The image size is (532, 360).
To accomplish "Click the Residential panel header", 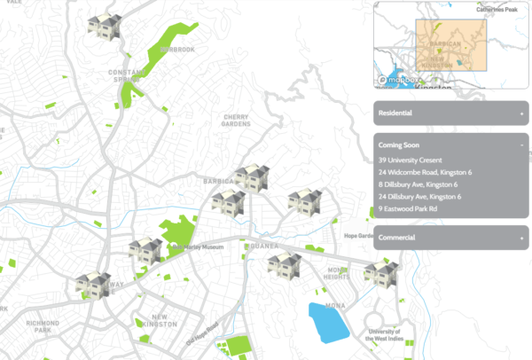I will pyautogui.click(x=450, y=113).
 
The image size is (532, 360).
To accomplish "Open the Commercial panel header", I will pyautogui.click(x=450, y=239).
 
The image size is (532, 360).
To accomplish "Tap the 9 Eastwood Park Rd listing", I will pyautogui.click(x=407, y=208).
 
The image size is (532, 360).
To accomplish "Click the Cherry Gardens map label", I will pyautogui.click(x=236, y=120).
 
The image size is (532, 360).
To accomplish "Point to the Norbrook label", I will pyautogui.click(x=177, y=50).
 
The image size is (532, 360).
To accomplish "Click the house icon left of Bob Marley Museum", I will pyautogui.click(x=145, y=252).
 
